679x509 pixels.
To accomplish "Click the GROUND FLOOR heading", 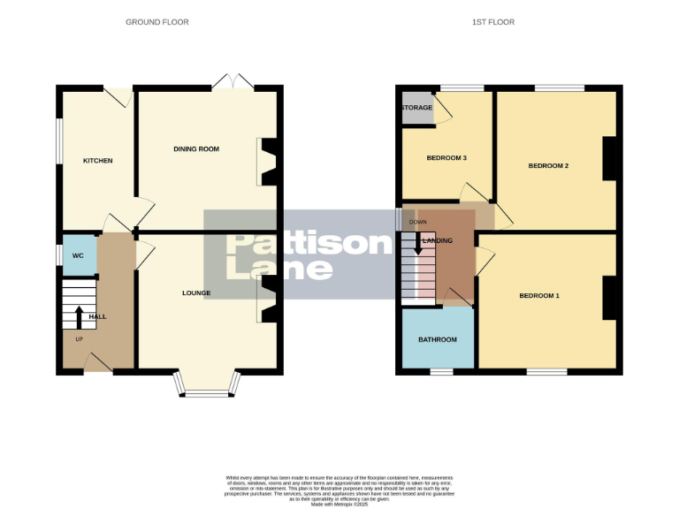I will [x=156, y=22].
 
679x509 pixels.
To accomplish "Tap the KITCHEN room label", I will [x=97, y=161].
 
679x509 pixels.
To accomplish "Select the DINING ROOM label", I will [x=195, y=149].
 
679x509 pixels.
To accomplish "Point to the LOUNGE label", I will [x=195, y=292].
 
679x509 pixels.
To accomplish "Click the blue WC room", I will [x=79, y=255].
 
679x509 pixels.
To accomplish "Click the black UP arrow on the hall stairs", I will [x=79, y=315].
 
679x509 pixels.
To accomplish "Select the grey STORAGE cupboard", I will [x=417, y=108].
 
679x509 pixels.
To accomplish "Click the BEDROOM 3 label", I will [x=446, y=158].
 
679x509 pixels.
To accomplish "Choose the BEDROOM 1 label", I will [x=538, y=296].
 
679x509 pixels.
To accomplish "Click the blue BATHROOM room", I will [x=437, y=339].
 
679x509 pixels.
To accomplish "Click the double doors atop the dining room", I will [x=233, y=82].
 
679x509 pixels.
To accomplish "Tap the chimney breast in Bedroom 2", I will [x=609, y=159].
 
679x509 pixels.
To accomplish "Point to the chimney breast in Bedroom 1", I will [x=609, y=298].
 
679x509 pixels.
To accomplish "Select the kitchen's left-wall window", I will [x=59, y=141].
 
